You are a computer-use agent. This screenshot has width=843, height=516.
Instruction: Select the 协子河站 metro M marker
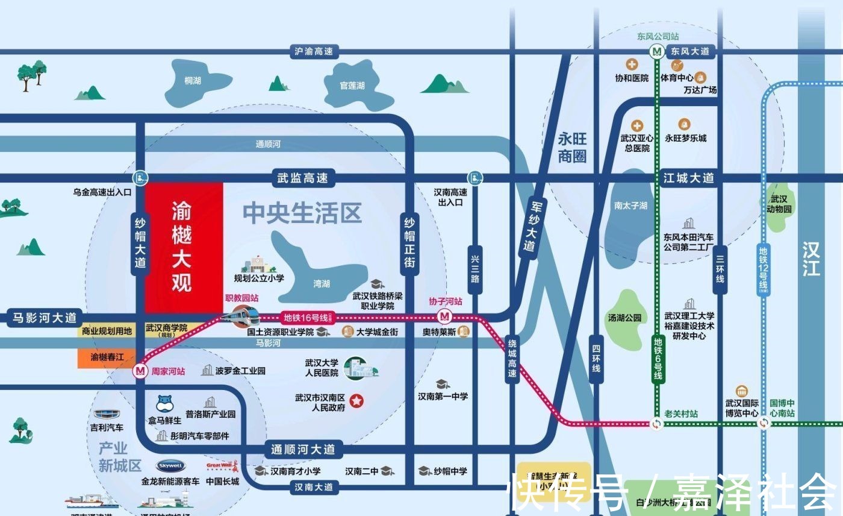446,315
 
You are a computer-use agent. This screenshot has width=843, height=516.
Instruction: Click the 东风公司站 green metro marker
657,52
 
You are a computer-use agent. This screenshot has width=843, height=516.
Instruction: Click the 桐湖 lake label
193,80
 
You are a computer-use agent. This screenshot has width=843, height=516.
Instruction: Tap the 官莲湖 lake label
352,86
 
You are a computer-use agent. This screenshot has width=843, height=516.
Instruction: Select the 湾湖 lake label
322,283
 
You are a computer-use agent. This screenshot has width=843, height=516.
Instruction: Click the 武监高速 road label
302,178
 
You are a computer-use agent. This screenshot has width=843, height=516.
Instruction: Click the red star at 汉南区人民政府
358,400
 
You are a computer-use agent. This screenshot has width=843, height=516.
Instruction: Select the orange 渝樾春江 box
108,357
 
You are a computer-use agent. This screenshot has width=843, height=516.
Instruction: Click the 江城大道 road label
688,178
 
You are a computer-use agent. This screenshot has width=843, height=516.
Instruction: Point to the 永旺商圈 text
571,148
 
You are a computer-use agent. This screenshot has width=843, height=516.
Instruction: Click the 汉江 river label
810,258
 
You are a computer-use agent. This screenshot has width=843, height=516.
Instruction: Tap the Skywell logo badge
170,466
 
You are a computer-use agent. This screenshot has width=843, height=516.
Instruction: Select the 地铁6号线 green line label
658,358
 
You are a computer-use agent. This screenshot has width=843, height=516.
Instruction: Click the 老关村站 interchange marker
657,424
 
